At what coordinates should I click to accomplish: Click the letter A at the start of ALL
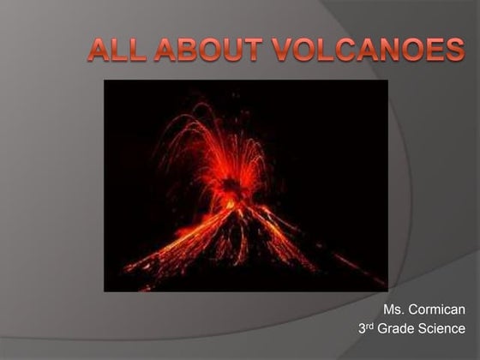99,50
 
